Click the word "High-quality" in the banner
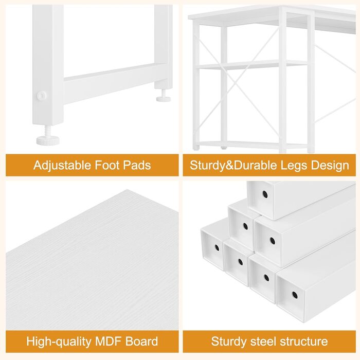[x=59, y=342]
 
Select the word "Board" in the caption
[x=141, y=341]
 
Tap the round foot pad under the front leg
[x=48, y=140]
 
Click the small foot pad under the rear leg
[x=164, y=99]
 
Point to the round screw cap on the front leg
[x=42, y=96]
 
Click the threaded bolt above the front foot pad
[x=48, y=131]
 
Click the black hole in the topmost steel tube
[x=265, y=195]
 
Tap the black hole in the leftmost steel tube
[x=217, y=248]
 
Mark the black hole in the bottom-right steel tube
[x=295, y=295]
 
